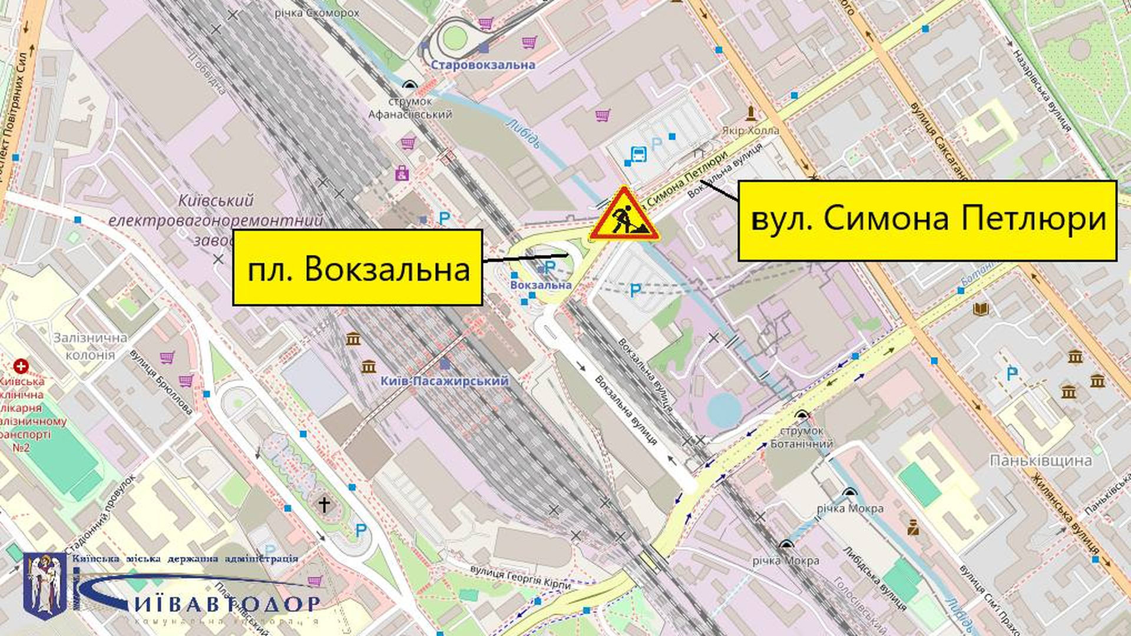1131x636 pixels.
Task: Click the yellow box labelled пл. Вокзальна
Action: (x=358, y=268)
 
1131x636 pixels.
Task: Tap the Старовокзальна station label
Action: (x=482, y=65)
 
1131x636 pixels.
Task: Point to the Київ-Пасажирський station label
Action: (x=444, y=381)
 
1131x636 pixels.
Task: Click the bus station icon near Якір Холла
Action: (x=638, y=154)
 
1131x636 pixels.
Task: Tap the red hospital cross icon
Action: (x=22, y=366)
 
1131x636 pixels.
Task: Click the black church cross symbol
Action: (x=323, y=504)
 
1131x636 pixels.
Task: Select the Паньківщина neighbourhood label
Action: (x=1040, y=460)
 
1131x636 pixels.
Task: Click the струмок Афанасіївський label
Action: (x=410, y=108)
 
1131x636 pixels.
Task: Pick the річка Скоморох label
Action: (x=317, y=12)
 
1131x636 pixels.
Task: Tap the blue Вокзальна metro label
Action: (x=541, y=285)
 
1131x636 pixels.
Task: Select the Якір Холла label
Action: (x=750, y=131)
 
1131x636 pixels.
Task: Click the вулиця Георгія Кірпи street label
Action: (x=521, y=577)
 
